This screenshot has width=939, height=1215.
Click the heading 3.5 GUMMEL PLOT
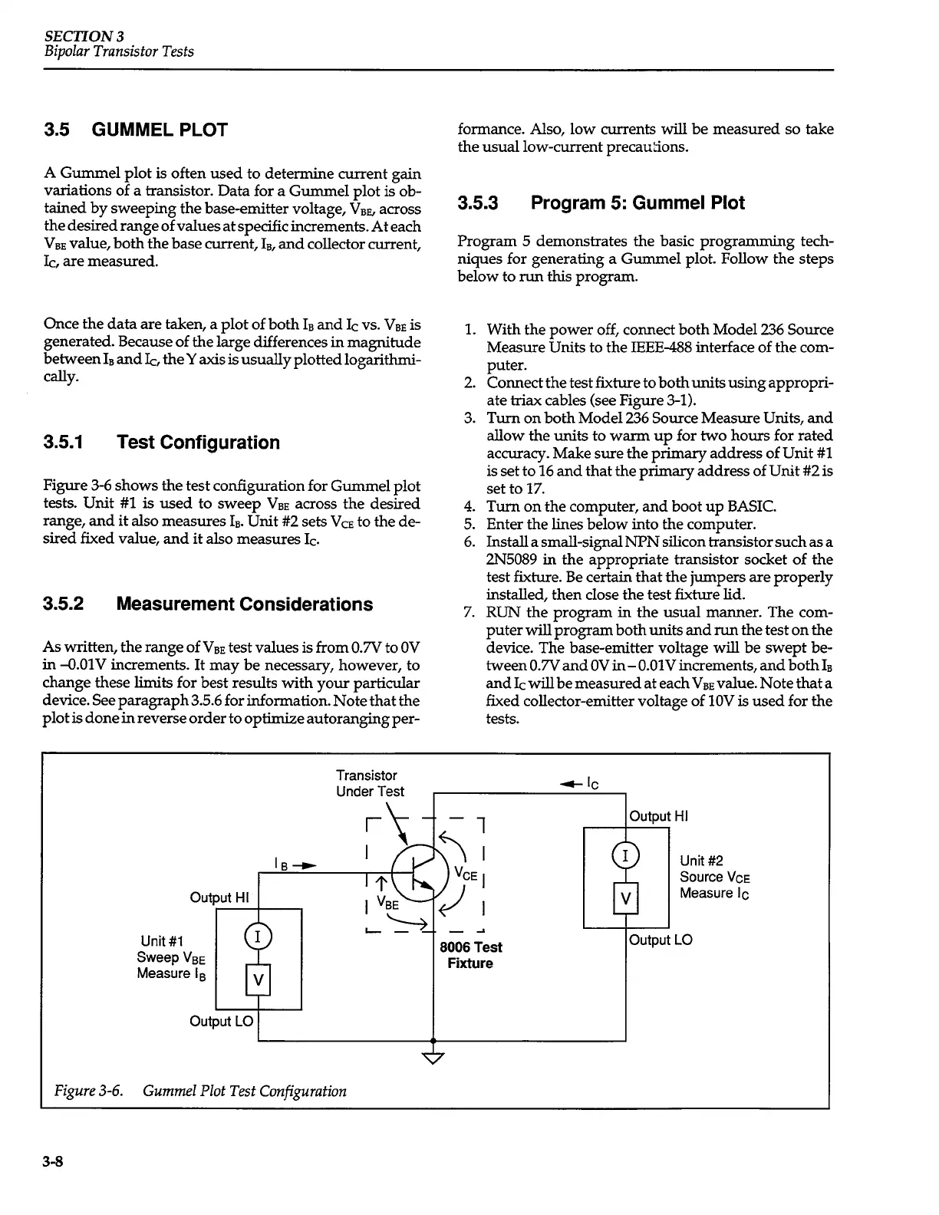coord(136,129)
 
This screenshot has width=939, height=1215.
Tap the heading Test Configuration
coord(162,443)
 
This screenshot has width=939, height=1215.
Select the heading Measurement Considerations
coord(208,604)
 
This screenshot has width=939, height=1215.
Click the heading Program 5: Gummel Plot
coord(601,202)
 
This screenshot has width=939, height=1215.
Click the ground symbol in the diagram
coord(433,1059)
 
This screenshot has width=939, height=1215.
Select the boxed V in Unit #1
coord(259,979)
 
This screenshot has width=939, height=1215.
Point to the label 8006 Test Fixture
coord(470,955)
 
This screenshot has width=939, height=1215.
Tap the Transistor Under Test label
coord(370,783)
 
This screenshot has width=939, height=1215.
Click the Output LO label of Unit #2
coord(661,940)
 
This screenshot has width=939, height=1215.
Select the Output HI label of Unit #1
coord(221,897)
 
